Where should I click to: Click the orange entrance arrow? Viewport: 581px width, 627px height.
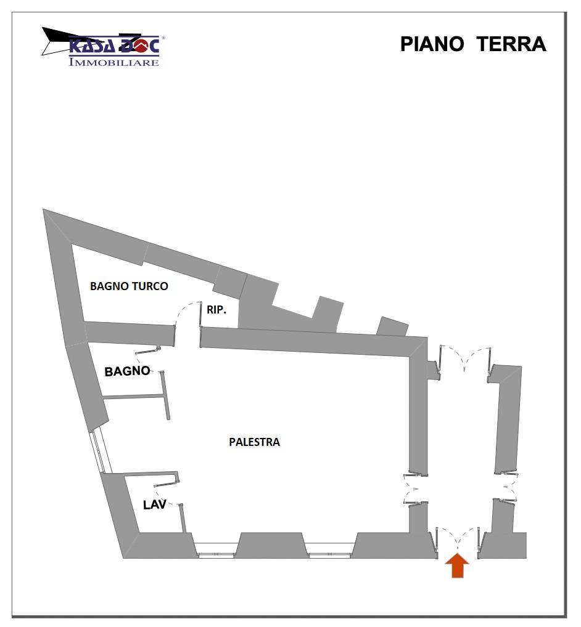click(x=457, y=566)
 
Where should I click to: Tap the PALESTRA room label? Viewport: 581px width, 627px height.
click(x=254, y=442)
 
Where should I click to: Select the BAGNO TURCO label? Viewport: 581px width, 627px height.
click(x=129, y=286)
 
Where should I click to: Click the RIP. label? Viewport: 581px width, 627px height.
click(x=216, y=310)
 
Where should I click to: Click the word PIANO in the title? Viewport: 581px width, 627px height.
click(x=432, y=44)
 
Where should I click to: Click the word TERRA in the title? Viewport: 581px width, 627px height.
click(x=511, y=44)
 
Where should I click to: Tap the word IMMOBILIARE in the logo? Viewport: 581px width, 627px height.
click(x=114, y=62)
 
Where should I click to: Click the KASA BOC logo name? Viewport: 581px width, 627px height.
click(x=114, y=46)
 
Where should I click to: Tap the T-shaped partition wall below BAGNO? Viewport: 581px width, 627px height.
click(x=165, y=397)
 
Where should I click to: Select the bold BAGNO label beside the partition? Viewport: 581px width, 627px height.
click(x=127, y=371)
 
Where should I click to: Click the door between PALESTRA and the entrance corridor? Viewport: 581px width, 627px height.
click(x=414, y=489)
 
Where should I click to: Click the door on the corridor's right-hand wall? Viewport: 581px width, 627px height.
click(x=507, y=488)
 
